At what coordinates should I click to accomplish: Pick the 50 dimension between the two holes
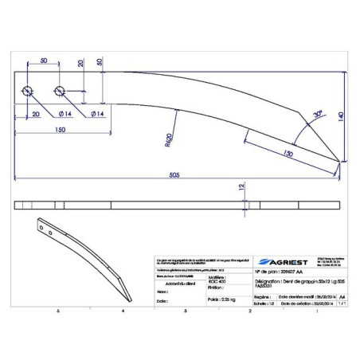point(44,61)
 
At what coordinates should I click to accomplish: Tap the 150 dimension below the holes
point(61,129)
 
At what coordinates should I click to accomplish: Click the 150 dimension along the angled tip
point(286,151)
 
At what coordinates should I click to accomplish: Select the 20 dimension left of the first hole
point(36,114)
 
